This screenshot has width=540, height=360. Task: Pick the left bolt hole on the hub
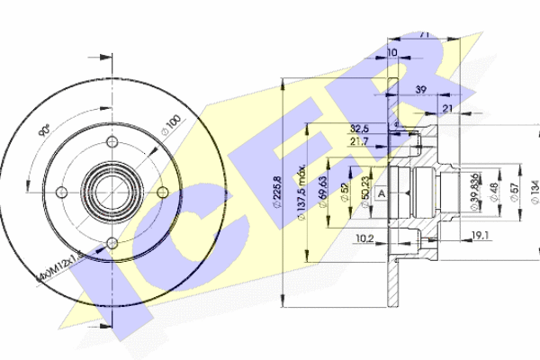tap(62, 191)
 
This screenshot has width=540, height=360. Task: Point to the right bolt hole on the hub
tap(160, 191)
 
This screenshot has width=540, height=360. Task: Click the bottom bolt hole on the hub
tap(112, 240)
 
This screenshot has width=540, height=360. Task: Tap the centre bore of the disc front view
tap(112, 191)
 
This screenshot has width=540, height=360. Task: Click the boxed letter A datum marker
tap(381, 193)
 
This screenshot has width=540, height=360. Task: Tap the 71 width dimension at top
tap(423, 35)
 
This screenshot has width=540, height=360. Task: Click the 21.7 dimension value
tap(359, 142)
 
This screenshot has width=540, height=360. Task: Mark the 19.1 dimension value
tap(480, 236)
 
